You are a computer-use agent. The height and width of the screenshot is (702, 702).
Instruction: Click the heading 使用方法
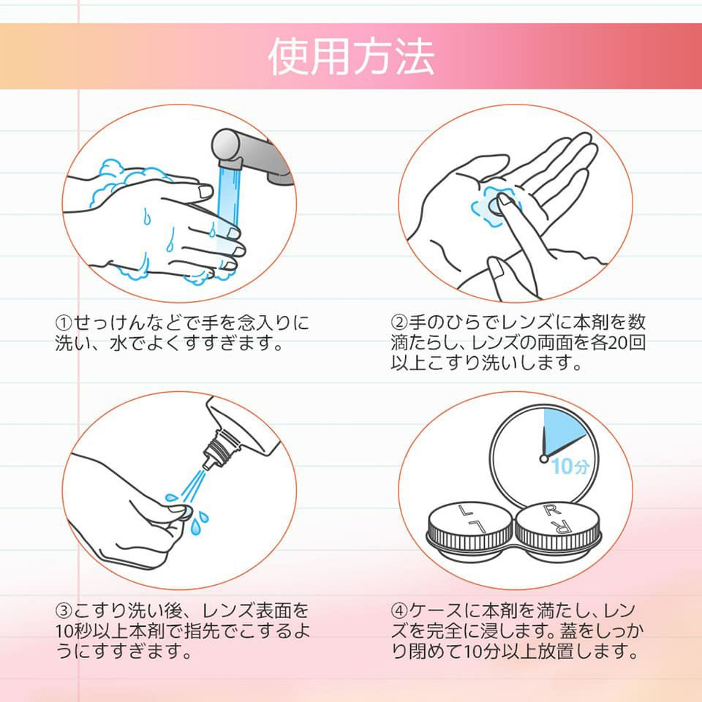[x=352, y=56]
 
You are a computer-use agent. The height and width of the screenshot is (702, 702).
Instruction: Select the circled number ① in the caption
[x=64, y=322]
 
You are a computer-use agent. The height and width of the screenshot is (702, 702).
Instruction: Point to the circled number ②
[x=399, y=322]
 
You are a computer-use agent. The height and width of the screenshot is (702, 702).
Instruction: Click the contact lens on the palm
[x=495, y=206]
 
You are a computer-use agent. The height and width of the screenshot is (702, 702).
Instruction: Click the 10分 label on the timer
[x=570, y=466]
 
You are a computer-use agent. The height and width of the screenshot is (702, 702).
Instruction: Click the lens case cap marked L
[x=469, y=526]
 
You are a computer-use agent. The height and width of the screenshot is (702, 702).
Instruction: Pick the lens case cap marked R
[x=558, y=526]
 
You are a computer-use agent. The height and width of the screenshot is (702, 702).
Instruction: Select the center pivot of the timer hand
[x=544, y=458]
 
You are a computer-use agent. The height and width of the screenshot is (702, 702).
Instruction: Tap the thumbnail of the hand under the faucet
[x=206, y=192]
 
